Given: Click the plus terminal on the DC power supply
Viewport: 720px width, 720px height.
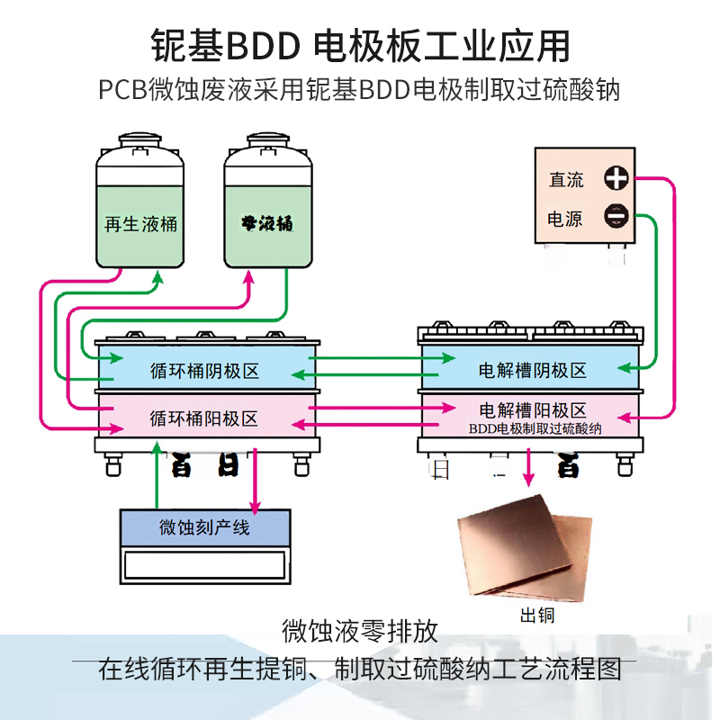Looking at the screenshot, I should point(616,178).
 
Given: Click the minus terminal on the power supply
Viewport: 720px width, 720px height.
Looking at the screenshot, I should point(616,217).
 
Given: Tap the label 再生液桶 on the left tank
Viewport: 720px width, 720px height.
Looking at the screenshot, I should point(140,223).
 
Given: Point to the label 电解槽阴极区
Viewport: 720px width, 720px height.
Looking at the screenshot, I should point(532,370).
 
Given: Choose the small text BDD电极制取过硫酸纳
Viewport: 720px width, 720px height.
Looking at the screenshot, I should point(535,429).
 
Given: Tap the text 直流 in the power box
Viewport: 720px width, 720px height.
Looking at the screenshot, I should point(566,179).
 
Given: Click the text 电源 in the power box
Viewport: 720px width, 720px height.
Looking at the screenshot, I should point(566,218).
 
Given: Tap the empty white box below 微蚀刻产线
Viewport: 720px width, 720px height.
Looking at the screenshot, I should point(205,565).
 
